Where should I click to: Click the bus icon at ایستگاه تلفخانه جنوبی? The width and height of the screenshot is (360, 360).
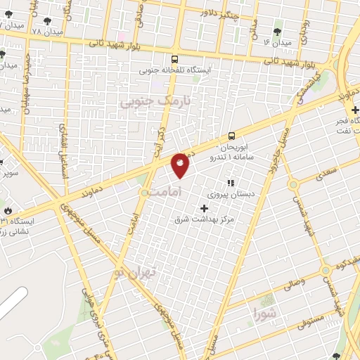pos(174,60)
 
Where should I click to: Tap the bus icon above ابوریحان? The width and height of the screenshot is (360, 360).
pos(231,136)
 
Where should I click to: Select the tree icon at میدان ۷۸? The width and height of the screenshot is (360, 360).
pos(47,22)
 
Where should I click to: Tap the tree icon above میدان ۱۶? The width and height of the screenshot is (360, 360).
pos(276,31)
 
